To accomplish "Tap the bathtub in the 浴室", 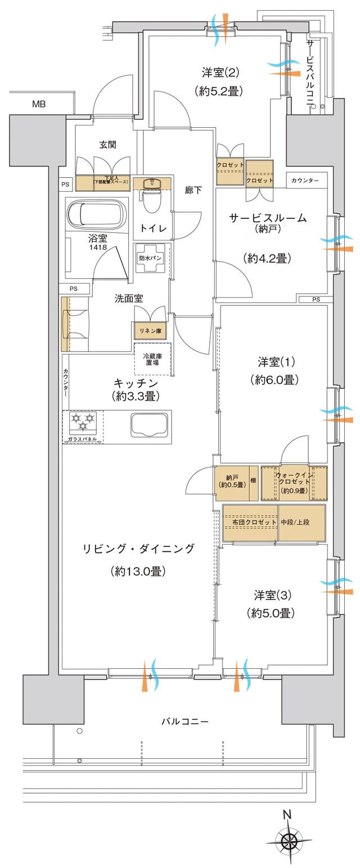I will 96,214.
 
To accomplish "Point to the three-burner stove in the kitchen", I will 83,421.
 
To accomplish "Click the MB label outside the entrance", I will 39,104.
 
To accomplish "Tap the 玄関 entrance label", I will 108,145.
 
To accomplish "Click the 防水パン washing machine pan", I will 151,258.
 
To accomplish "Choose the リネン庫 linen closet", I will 150,331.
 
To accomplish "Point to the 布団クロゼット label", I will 254,522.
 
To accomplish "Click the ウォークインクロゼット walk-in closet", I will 293,483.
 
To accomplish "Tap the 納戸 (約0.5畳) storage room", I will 232,482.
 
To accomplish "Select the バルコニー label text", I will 185,721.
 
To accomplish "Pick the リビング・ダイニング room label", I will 138,548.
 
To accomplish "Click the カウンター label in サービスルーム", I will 305,181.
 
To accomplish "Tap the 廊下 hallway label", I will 193,191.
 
